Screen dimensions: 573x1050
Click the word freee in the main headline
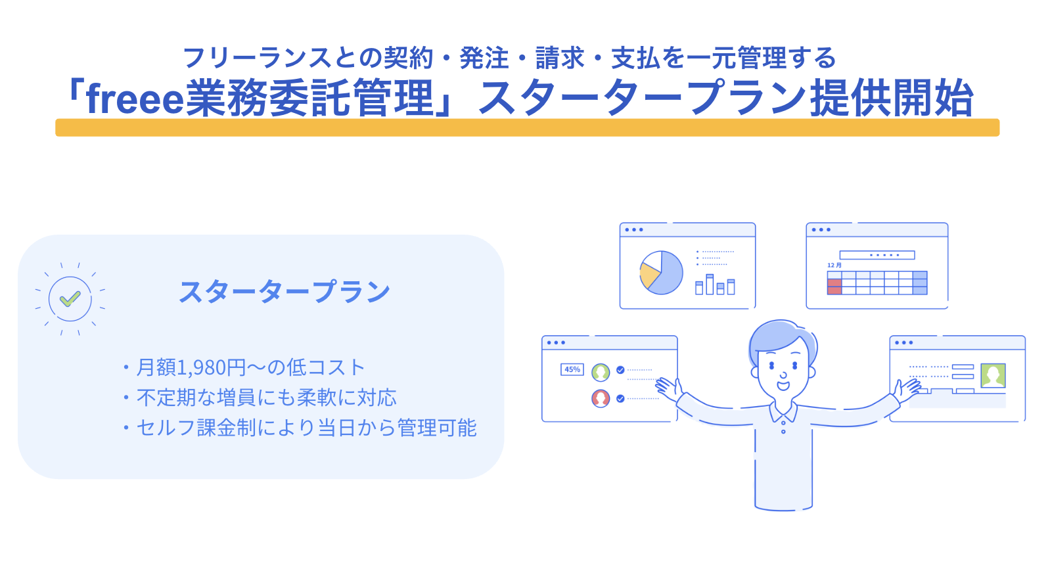point(134,99)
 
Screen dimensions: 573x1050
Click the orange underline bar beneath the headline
point(527,127)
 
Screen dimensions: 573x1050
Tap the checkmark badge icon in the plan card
point(70,299)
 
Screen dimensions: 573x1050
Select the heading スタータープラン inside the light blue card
point(285,292)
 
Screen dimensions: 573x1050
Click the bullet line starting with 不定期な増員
point(266,398)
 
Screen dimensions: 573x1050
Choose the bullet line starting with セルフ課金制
point(306,428)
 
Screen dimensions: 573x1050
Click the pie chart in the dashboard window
point(661,273)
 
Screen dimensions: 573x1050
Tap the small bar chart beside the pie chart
point(715,285)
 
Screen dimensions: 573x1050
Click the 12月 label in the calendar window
point(834,265)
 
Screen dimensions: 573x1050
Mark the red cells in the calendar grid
point(834,286)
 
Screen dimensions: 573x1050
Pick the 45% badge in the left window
point(572,369)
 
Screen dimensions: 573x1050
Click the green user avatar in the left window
point(601,373)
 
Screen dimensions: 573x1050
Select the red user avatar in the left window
point(601,398)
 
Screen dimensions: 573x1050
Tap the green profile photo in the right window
point(993,375)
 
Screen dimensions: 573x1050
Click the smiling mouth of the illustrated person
point(783,385)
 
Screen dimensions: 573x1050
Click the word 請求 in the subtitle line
point(559,58)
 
